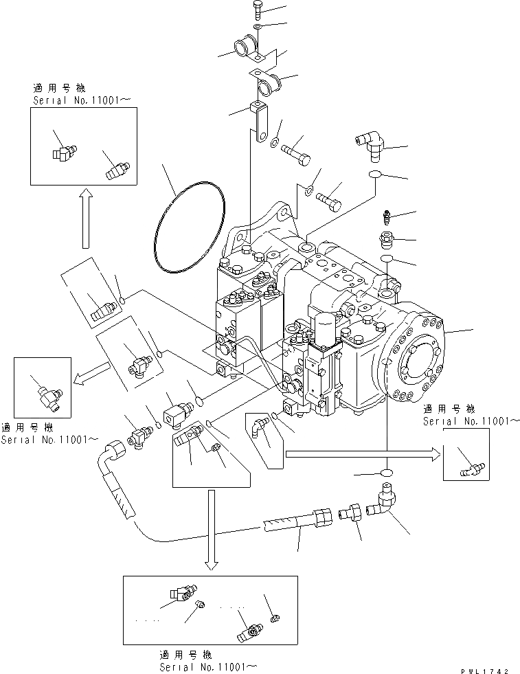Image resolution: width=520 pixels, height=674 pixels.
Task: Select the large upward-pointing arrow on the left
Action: pyautogui.click(x=86, y=218)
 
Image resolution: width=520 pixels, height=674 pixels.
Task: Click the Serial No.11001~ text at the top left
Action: pyautogui.click(x=81, y=99)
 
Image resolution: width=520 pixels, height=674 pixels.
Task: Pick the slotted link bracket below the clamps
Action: pyautogui.click(x=260, y=123)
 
